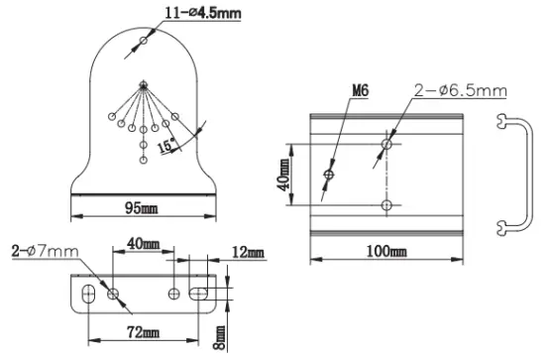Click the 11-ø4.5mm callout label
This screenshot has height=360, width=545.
203,13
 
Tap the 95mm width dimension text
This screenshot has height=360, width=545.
141,208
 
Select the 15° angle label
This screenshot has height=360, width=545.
166,146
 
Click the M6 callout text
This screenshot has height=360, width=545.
361,91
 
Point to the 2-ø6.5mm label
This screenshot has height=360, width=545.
461,91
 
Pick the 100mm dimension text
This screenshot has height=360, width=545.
386,251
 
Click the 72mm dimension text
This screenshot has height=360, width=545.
144,332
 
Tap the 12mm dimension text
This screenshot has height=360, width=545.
248,252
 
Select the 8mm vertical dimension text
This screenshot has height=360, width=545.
219,337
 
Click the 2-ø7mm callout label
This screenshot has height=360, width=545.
46,251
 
